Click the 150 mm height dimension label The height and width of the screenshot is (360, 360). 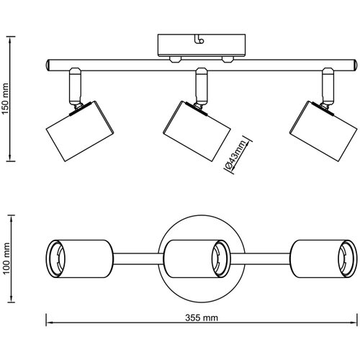[x=5, y=99]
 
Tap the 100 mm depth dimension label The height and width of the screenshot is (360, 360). [x=6, y=258]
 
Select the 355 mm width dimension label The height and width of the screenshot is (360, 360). [x=202, y=318]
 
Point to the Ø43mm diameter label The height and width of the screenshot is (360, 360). [x=235, y=155]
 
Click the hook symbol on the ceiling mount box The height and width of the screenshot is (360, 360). [x=199, y=40]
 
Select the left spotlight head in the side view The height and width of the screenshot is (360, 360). [x=80, y=131]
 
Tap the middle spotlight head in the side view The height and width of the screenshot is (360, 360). [x=197, y=131]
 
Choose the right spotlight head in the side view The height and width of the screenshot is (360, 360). [x=323, y=131]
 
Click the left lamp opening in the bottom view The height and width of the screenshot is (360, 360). [x=55, y=258]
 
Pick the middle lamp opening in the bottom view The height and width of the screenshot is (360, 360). [x=221, y=258]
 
